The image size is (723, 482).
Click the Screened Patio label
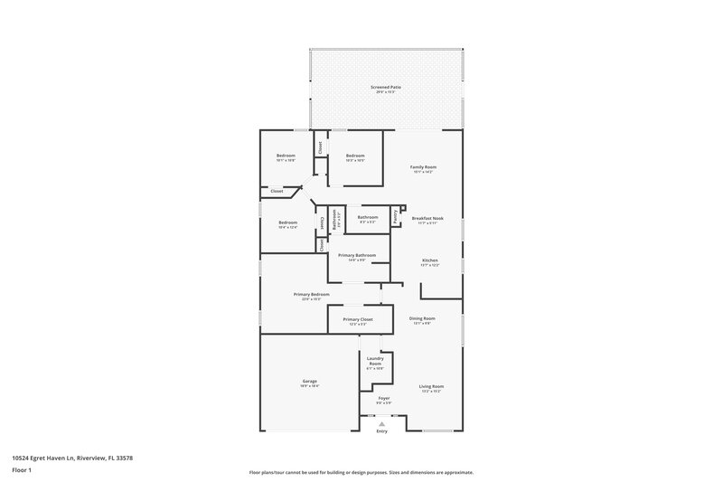386,87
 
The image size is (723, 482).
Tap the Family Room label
423,166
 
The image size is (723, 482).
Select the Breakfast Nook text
427,218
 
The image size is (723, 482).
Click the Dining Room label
422,317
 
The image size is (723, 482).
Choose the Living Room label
430,386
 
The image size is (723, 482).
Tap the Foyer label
383,398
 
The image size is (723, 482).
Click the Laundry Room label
375,361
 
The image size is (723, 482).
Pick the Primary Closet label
358,319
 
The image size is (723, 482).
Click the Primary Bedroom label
311,294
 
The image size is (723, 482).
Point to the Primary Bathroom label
357,255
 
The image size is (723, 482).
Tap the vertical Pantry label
395,216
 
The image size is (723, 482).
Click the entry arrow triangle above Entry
382,422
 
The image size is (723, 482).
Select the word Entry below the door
382,431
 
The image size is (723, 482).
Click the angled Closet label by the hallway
277,191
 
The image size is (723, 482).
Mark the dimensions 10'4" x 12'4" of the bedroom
287,227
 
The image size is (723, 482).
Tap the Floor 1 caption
22,471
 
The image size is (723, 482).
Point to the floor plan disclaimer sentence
361,472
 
